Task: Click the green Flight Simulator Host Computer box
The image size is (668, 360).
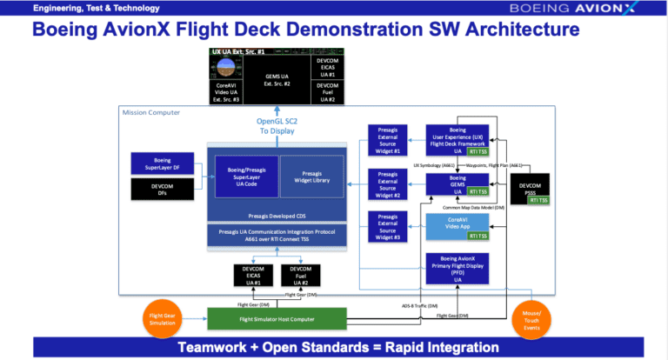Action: (277, 318)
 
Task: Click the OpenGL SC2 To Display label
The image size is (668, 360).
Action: (276, 125)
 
